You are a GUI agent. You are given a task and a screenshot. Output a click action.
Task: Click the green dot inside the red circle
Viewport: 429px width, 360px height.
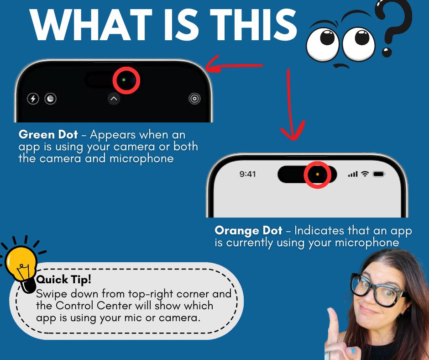[x=124, y=80]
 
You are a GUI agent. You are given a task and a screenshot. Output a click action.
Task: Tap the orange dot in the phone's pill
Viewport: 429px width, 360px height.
[x=317, y=174]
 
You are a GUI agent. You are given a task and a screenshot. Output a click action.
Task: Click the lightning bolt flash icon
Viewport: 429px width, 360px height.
[x=33, y=98]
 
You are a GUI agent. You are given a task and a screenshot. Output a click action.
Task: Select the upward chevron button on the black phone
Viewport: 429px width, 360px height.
[x=114, y=99]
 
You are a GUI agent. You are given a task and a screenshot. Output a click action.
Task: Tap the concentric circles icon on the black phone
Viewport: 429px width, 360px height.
[x=194, y=98]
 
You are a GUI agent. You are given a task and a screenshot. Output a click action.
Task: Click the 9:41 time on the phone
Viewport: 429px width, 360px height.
[x=248, y=174]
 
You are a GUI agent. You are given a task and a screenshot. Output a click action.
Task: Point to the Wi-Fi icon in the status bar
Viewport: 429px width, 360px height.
[x=365, y=174]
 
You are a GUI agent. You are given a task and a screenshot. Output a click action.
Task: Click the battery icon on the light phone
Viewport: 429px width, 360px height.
[x=379, y=174]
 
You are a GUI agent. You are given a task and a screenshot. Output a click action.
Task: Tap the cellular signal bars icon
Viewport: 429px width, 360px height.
[x=353, y=174]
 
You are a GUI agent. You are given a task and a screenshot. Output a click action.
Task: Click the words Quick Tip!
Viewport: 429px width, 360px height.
[x=63, y=280]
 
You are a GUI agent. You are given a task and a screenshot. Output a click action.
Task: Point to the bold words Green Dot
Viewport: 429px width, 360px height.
[x=48, y=134]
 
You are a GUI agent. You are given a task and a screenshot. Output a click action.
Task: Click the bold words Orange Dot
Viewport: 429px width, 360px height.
[x=248, y=231]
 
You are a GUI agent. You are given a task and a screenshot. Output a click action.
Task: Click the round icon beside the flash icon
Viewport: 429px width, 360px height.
[x=51, y=98]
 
